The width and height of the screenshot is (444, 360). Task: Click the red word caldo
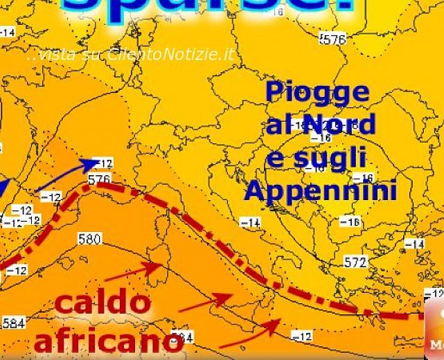click(102, 303)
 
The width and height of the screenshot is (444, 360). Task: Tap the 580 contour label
click(89, 240)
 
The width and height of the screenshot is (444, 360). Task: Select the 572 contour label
click(355, 262)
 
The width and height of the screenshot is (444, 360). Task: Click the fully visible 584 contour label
click(13, 323)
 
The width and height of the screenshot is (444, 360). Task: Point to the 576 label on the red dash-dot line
click(99, 180)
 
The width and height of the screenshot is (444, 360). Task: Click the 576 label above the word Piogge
click(334, 40)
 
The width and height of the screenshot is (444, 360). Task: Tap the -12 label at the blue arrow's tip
click(103, 163)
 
